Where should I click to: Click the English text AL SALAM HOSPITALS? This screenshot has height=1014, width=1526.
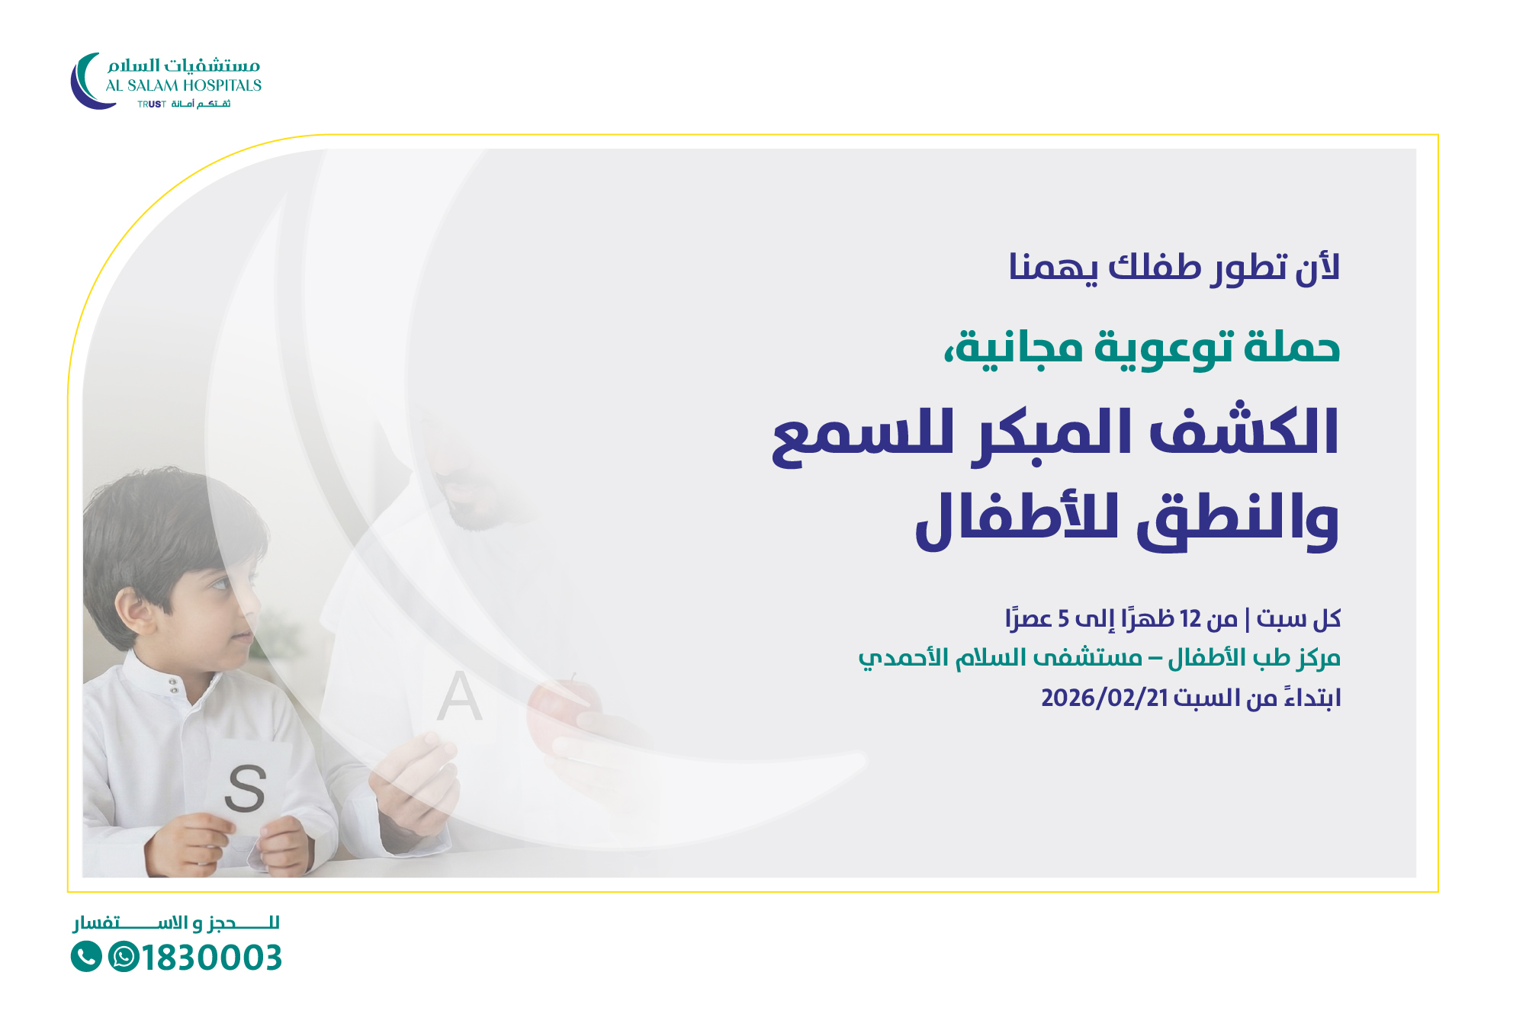tap(184, 85)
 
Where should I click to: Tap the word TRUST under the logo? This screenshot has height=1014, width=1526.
tap(152, 104)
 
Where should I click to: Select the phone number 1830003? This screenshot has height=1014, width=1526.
tap(212, 958)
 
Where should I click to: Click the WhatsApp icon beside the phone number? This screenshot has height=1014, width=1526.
tap(124, 957)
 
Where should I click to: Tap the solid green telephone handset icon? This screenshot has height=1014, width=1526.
tap(86, 957)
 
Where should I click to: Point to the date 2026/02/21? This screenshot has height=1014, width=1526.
tap(1104, 698)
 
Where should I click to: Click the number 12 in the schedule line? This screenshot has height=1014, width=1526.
tap(1190, 618)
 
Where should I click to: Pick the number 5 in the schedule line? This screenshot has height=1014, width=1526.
tap(1063, 618)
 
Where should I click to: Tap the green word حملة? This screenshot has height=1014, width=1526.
tap(1292, 346)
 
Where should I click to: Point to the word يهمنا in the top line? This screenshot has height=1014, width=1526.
tap(1053, 267)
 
